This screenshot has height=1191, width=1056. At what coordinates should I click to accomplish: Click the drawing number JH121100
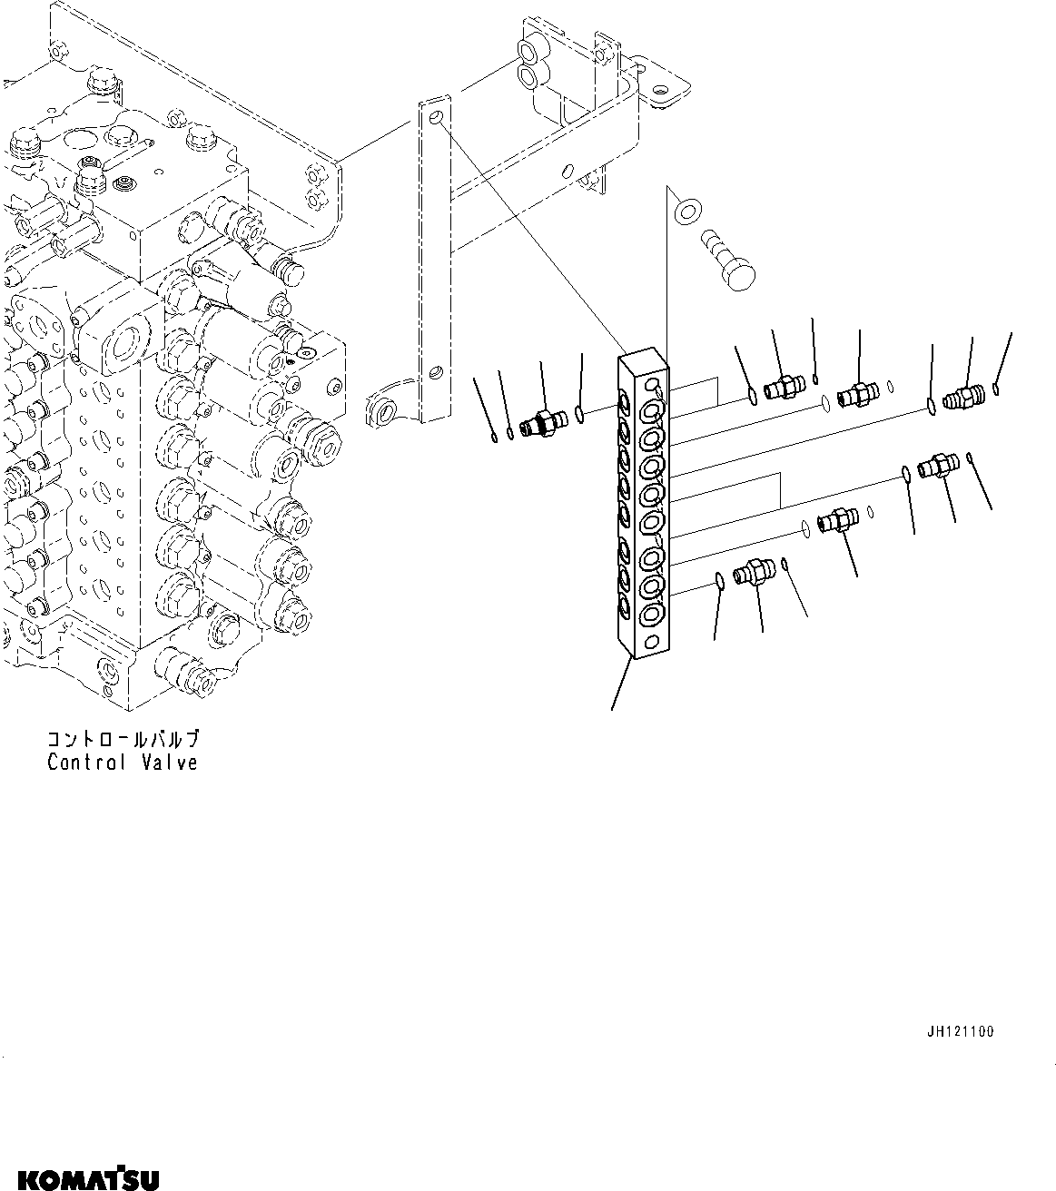coord(960,1032)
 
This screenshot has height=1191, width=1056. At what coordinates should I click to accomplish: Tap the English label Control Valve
coord(123,763)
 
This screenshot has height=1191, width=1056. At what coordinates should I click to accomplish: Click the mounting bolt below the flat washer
coord(731,260)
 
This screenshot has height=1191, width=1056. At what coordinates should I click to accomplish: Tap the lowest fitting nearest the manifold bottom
coord(753,574)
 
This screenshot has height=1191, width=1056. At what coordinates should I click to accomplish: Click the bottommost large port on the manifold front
coord(651,617)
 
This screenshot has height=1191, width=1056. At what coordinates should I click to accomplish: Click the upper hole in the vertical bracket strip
coord(437,118)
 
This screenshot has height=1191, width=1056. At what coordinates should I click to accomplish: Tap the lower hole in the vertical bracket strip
coord(437,372)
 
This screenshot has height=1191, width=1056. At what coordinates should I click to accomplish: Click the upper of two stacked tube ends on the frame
coord(528,50)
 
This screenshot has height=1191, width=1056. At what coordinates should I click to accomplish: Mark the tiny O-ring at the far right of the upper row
coord(997,391)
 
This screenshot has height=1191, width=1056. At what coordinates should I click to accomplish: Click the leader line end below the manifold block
coord(613,708)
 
